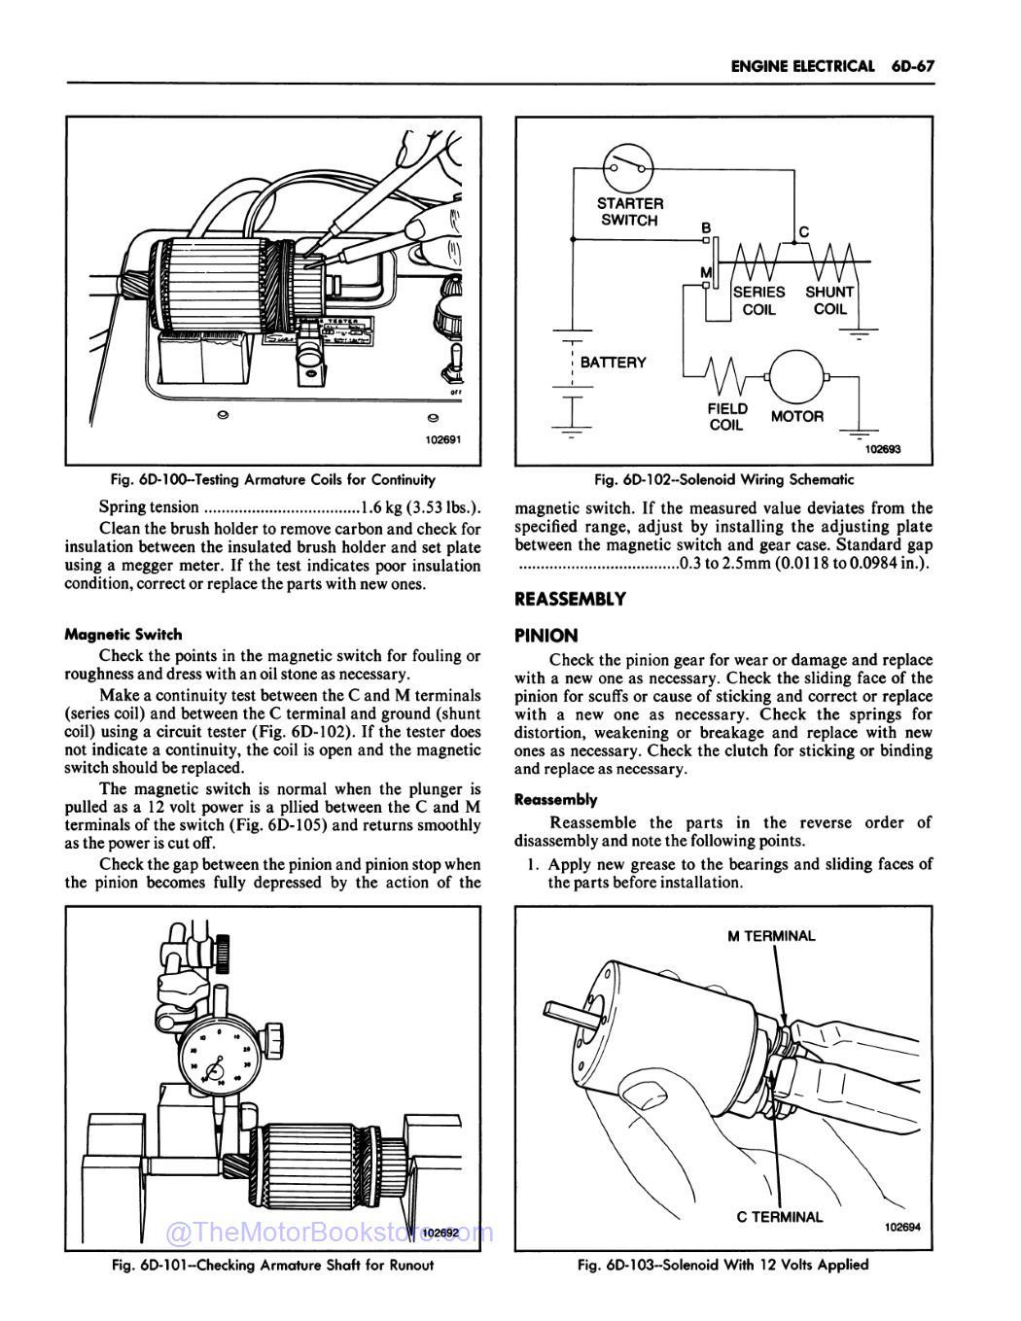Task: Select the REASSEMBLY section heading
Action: (x=571, y=599)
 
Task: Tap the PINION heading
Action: (x=546, y=635)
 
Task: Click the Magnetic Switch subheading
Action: (x=123, y=634)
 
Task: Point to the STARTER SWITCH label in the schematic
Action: (x=630, y=212)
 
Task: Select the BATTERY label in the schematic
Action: (x=613, y=363)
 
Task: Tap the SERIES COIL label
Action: (x=758, y=300)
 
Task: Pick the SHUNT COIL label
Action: (x=829, y=300)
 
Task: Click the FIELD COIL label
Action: (x=727, y=417)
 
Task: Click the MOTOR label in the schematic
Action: (x=796, y=416)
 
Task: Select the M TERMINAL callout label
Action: (x=771, y=936)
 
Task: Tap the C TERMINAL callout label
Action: (x=780, y=1216)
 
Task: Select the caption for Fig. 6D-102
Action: (x=724, y=479)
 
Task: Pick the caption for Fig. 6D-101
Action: (x=272, y=1265)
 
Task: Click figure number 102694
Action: (x=901, y=1226)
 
